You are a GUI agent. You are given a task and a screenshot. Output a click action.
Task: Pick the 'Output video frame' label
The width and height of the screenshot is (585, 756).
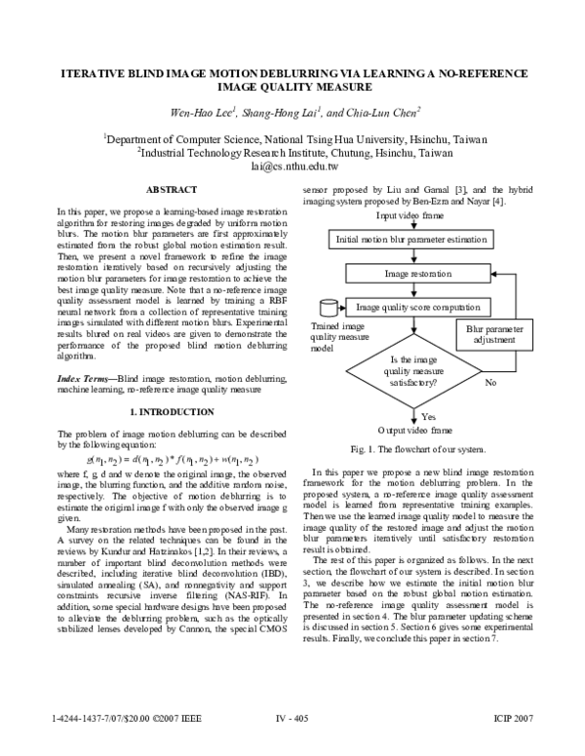coord(413,430)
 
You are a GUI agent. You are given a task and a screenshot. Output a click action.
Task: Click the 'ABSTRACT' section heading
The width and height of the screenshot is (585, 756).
coord(172,188)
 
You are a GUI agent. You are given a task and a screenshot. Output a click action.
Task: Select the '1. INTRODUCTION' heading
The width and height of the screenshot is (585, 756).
coord(171,412)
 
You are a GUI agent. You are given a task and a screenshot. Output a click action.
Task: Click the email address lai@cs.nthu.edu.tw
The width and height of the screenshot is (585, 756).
coord(292,167)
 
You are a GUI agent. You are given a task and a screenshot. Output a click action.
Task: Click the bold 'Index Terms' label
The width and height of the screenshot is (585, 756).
coord(84,377)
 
